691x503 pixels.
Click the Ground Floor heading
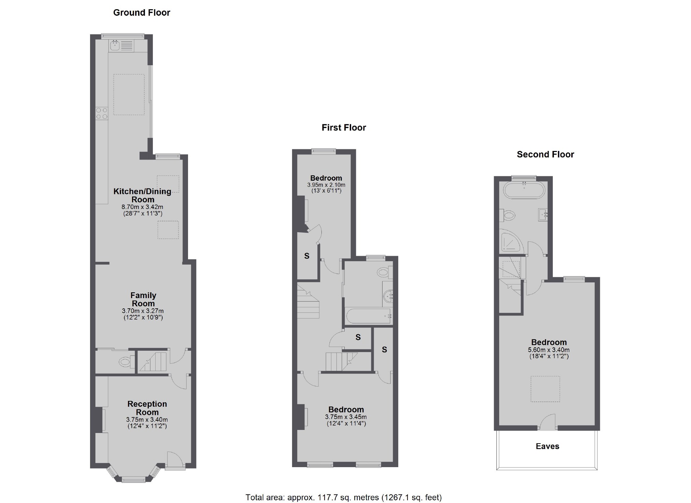pyautogui.click(x=142, y=13)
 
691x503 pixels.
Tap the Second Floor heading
pyautogui.click(x=545, y=154)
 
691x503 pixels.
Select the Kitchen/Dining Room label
pyautogui.click(x=143, y=195)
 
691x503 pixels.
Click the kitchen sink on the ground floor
pyautogui.click(x=115, y=45)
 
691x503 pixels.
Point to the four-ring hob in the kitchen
pyautogui.click(x=102, y=113)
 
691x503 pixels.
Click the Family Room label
pyautogui.click(x=143, y=299)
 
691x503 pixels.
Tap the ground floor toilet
pyautogui.click(x=125, y=362)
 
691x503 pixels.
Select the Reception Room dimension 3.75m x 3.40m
pyautogui.click(x=147, y=420)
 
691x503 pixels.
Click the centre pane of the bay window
pyautogui.click(x=133, y=479)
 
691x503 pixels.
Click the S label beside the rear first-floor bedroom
pyautogui.click(x=307, y=256)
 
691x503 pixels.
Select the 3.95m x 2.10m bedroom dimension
pyautogui.click(x=326, y=185)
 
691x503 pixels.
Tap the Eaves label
pyautogui.click(x=547, y=446)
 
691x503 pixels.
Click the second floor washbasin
pyautogui.click(x=543, y=215)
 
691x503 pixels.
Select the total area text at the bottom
pyautogui.click(x=344, y=497)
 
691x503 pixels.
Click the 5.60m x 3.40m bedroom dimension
pyautogui.click(x=549, y=350)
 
